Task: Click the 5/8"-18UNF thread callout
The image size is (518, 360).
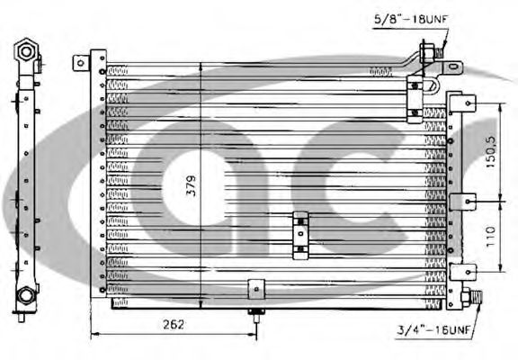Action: pyautogui.click(x=411, y=19)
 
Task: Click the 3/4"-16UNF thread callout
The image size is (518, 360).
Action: pyautogui.click(x=433, y=329)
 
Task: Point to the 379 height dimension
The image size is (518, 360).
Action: pyautogui.click(x=192, y=185)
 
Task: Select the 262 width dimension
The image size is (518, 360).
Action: pyautogui.click(x=174, y=325)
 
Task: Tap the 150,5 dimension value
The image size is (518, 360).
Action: pyautogui.click(x=491, y=151)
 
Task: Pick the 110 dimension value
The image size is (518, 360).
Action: pyautogui.click(x=491, y=237)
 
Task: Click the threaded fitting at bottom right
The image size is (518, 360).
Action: pyautogui.click(x=471, y=296)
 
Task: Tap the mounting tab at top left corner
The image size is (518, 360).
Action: pyautogui.click(x=81, y=62)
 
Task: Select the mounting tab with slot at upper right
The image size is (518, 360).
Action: pyautogui.click(x=453, y=67)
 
